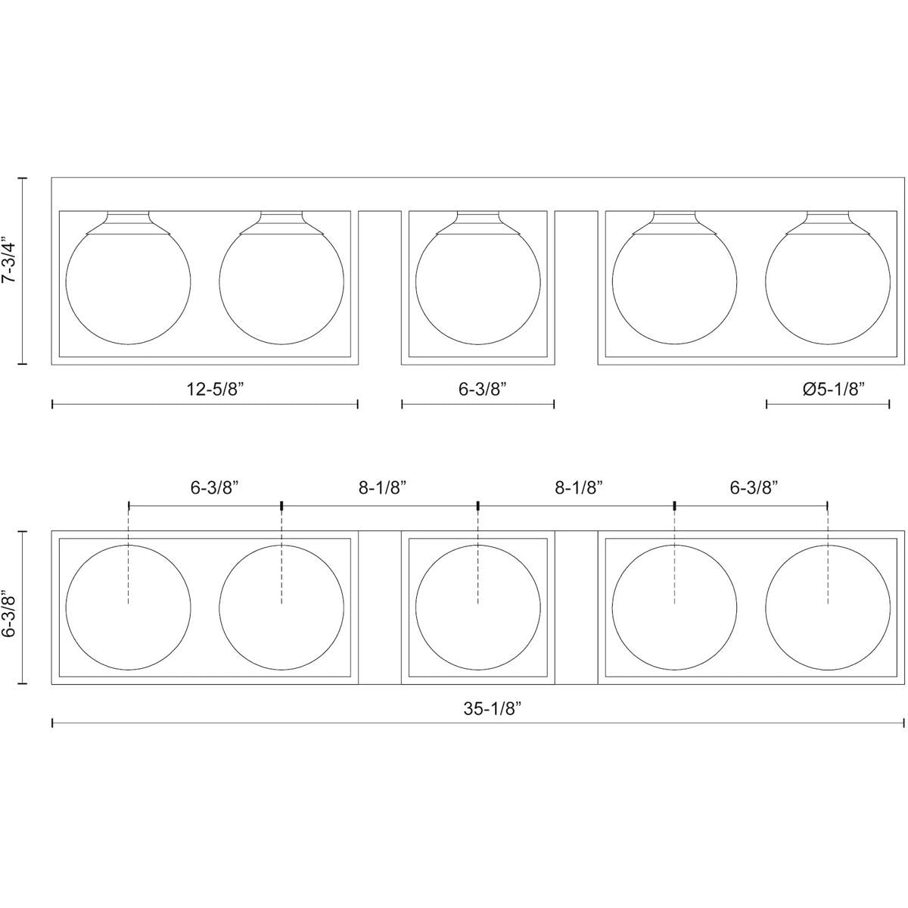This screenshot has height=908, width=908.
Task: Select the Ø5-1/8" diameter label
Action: (x=834, y=390)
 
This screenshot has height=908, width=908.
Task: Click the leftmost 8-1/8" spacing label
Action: (x=382, y=488)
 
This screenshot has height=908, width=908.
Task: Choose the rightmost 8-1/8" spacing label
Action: (x=579, y=488)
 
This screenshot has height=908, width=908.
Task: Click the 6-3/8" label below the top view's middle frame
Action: (x=483, y=390)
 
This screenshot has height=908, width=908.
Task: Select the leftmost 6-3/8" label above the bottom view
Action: (x=214, y=488)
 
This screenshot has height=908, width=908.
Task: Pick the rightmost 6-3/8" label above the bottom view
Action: (x=754, y=488)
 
